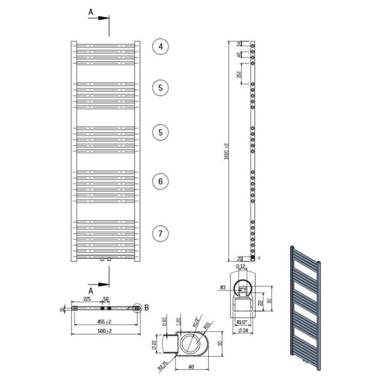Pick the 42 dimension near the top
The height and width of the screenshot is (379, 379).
click(239, 54)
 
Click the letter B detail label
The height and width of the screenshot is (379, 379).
click(147, 308)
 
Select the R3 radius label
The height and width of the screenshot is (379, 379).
click(223, 288)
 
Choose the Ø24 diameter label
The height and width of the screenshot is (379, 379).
click(241, 331)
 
